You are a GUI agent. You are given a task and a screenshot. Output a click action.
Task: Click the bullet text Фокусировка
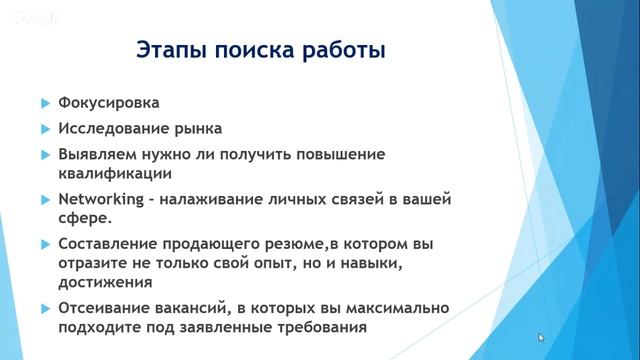point(109,103)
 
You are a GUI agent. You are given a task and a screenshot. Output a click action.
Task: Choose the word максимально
point(394,307)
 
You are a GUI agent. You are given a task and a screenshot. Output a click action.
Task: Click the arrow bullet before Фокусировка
point(45,104)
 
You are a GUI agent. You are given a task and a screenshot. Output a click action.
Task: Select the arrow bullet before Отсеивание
point(45,308)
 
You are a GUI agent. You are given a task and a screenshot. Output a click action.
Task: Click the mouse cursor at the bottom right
point(542,339)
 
